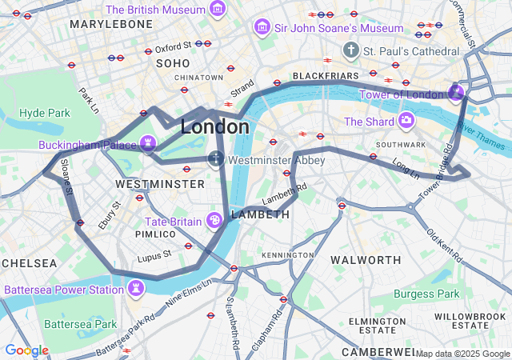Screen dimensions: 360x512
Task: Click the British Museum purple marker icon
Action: pyautogui.click(x=217, y=9)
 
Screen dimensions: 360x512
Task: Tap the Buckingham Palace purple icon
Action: pyautogui.click(x=147, y=143)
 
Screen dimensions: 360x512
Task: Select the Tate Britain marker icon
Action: pyautogui.click(x=215, y=219)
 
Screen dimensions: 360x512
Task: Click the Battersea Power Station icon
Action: pyautogui.click(x=136, y=286)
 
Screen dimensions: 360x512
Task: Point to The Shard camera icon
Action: pyautogui.click(x=406, y=121)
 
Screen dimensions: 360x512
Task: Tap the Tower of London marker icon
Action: pyautogui.click(x=455, y=93)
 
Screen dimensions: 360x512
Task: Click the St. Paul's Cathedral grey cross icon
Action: pyautogui.click(x=350, y=50)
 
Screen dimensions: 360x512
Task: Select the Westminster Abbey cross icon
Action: pyautogui.click(x=216, y=159)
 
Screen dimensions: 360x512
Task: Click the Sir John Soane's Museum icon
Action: pyautogui.click(x=261, y=28)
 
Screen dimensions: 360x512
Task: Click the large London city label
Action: pyautogui.click(x=214, y=126)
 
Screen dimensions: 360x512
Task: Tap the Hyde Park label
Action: pyautogui.click(x=45, y=113)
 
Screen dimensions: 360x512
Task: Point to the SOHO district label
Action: pyautogui.click(x=173, y=62)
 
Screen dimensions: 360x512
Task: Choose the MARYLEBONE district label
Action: pyautogui.click(x=110, y=25)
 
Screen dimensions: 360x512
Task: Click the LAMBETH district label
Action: pyautogui.click(x=259, y=214)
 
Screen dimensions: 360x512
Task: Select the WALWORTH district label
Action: pyautogui.click(x=366, y=260)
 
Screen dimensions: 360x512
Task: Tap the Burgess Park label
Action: pyautogui.click(x=426, y=294)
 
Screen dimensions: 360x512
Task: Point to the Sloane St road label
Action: pyautogui.click(x=68, y=182)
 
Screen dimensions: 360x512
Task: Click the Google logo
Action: pyautogui.click(x=26, y=350)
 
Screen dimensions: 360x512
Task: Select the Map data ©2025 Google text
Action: pyautogui.click(x=462, y=354)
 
